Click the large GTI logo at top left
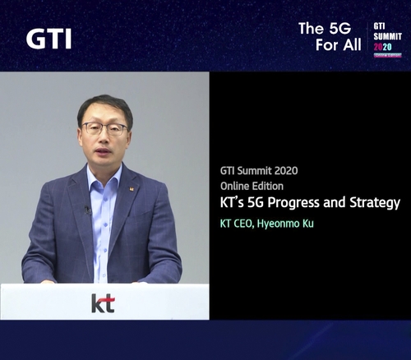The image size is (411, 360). coord(48,38)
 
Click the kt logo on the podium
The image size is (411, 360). coord(103,302)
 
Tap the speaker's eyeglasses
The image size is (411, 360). coord(104,129)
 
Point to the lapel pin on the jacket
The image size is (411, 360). coord(131,188)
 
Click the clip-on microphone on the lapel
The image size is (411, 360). coord(87,210)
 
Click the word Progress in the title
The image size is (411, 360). coord(308,202)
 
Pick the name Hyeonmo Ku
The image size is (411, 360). coord(285,223)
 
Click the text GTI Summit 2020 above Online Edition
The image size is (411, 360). coord(259,171)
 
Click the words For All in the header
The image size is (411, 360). coord(338,45)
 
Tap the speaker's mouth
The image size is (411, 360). coord(104,154)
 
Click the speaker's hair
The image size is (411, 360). coord(104,104)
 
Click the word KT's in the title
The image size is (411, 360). coord(237,202)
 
